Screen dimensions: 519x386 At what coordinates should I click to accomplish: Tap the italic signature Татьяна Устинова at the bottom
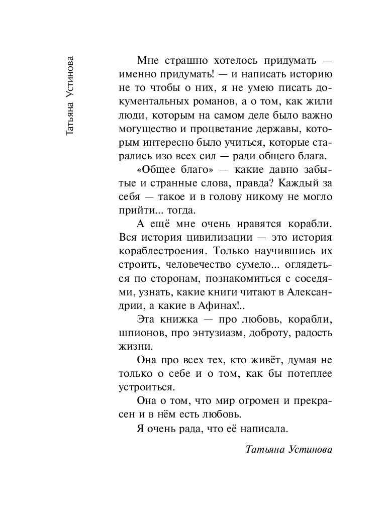pyautogui.click(x=289, y=449)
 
